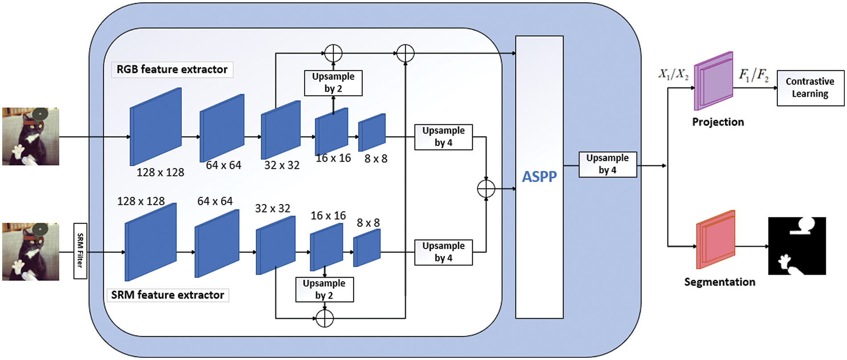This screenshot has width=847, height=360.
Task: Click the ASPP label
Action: pos(539,177)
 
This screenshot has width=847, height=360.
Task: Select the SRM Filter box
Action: pos(80,251)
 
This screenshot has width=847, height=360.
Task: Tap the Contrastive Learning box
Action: pos(810,88)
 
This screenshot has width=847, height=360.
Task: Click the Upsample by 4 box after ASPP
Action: pos(608,164)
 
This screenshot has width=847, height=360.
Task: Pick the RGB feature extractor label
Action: pos(172,70)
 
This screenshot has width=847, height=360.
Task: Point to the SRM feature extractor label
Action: pos(168,295)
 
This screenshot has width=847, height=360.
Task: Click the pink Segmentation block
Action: pos(715,240)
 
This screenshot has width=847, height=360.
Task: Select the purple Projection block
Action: pos(714,81)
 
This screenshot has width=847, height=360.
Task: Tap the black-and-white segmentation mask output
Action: pos(797,246)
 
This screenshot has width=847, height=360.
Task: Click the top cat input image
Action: pos(31,136)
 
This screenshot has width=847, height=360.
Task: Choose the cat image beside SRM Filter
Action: pos(31,252)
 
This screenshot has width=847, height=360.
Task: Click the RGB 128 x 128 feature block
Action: pos(156,127)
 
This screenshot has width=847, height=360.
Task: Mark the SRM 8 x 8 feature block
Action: pos(367,248)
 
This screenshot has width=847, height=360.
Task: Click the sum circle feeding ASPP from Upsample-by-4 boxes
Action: pos(486,189)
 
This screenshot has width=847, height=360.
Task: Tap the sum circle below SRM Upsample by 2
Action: pos(325,318)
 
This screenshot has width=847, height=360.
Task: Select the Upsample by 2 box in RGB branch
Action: pos(333,83)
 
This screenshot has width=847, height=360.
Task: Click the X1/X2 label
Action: pos(673,74)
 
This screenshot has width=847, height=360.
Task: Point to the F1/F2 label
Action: pos(754,74)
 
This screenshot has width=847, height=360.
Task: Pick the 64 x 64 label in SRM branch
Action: pos(215,201)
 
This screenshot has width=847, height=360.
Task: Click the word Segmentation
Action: pos(720,282)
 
